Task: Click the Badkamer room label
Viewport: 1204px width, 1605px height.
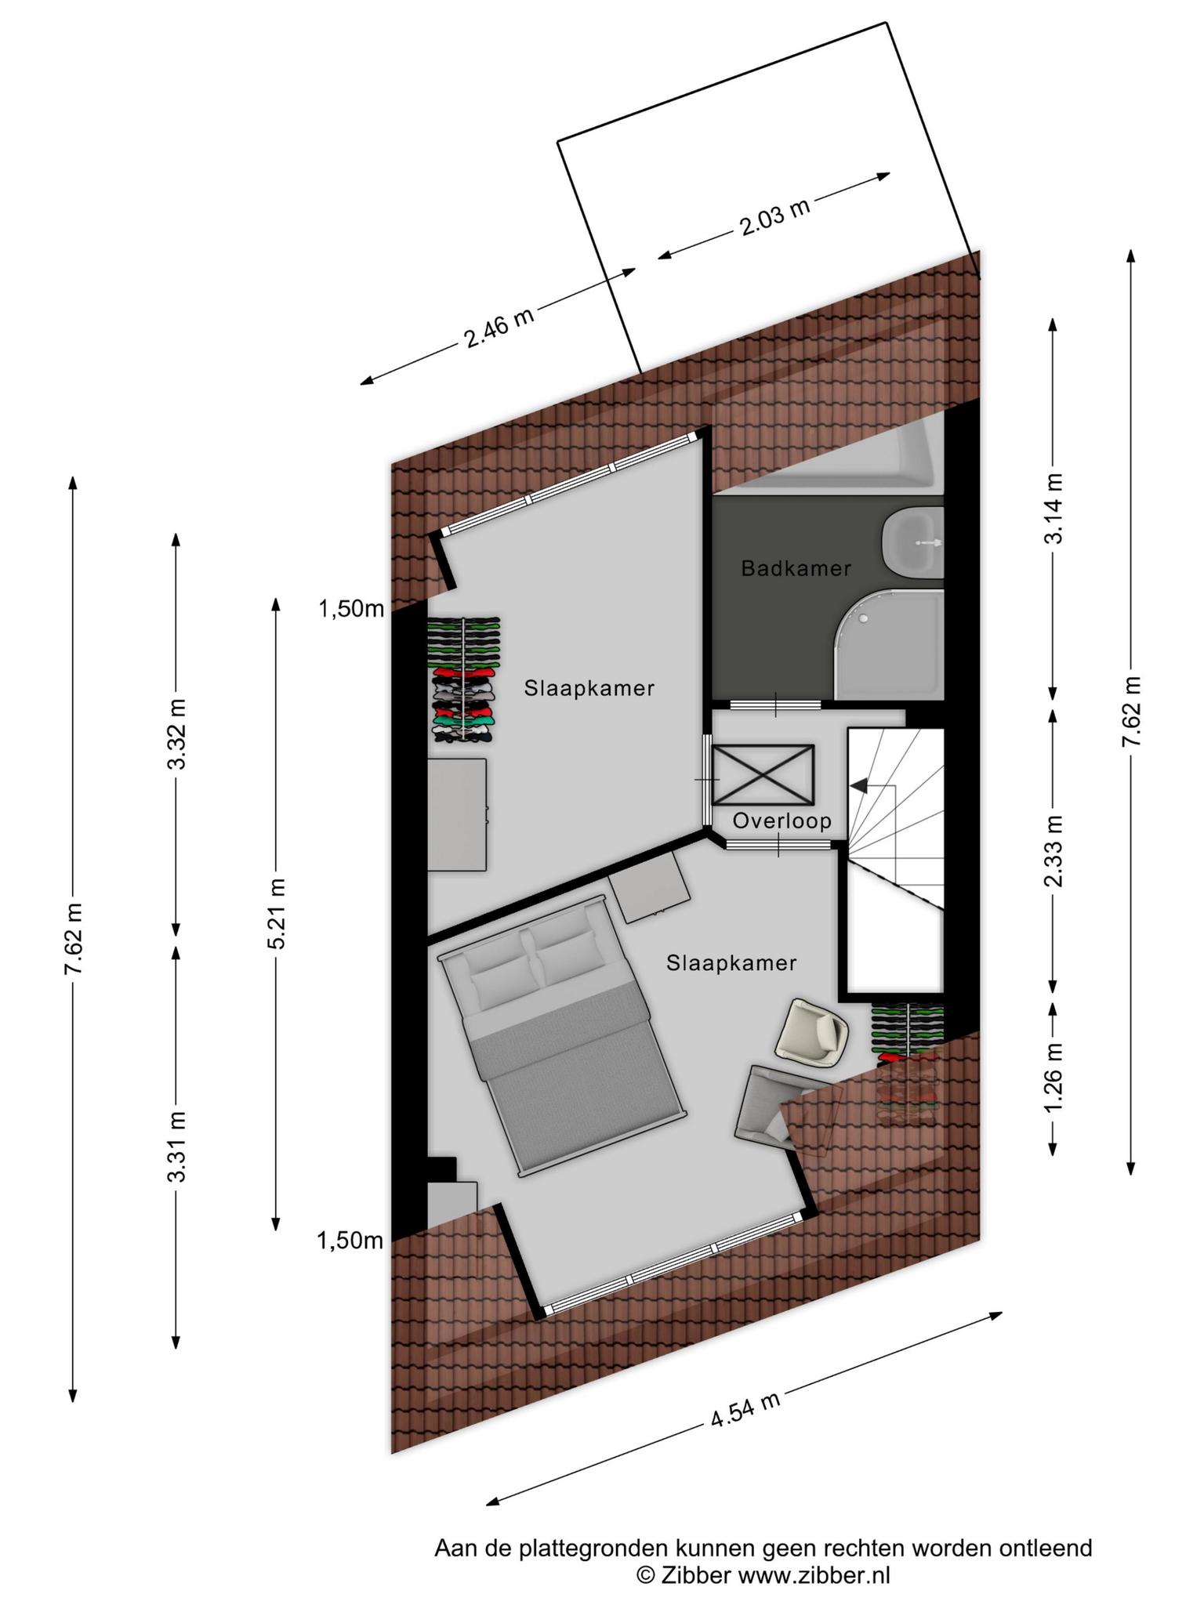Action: click(x=796, y=568)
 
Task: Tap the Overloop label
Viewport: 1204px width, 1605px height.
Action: click(x=782, y=821)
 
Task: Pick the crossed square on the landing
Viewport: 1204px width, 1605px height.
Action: click(x=763, y=774)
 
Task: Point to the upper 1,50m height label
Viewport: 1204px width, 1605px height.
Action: click(x=350, y=608)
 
